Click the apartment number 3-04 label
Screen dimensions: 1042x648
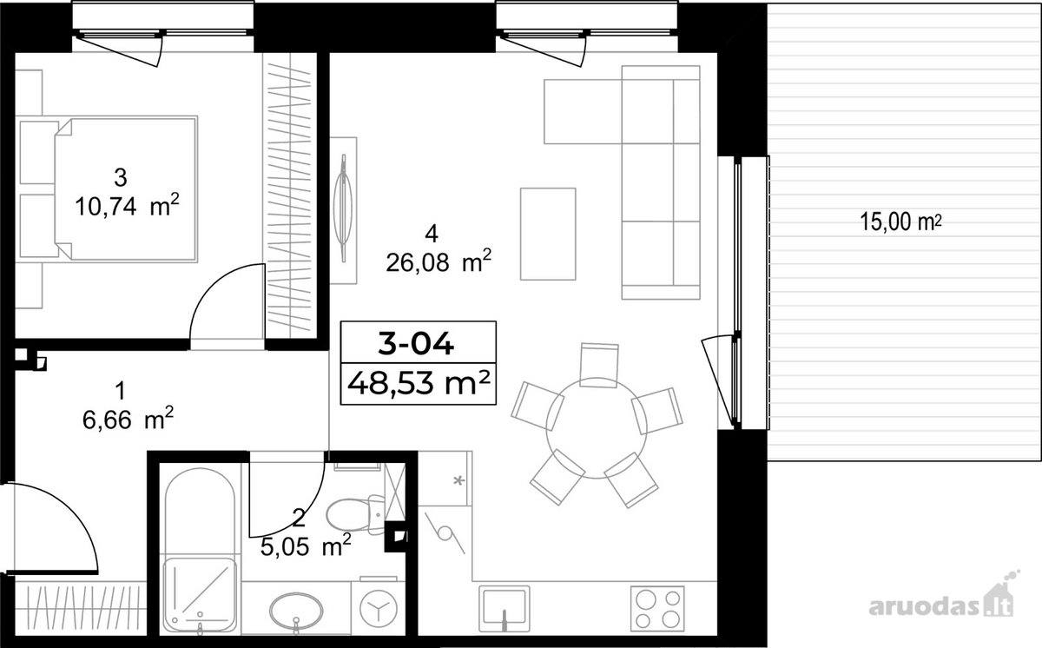point(415,345)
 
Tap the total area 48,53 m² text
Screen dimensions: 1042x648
point(419,384)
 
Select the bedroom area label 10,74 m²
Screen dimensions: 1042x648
point(127,206)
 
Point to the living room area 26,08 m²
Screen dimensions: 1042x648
point(439,262)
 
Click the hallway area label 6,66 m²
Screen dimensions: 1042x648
point(128,420)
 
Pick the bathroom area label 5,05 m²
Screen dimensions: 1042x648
point(306,546)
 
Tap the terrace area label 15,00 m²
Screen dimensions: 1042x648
point(901,222)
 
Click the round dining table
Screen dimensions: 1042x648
point(597,428)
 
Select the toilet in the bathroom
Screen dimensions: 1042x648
point(355,515)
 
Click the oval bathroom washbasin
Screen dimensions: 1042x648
point(296,610)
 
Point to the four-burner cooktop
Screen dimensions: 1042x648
point(657,609)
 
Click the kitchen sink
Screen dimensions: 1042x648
point(505,609)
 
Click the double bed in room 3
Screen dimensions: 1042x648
point(126,188)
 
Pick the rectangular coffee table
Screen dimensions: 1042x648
point(548,234)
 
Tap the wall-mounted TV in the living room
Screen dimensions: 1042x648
point(343,208)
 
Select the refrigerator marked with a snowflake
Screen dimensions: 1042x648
point(445,479)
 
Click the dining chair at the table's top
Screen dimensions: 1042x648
point(599,365)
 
